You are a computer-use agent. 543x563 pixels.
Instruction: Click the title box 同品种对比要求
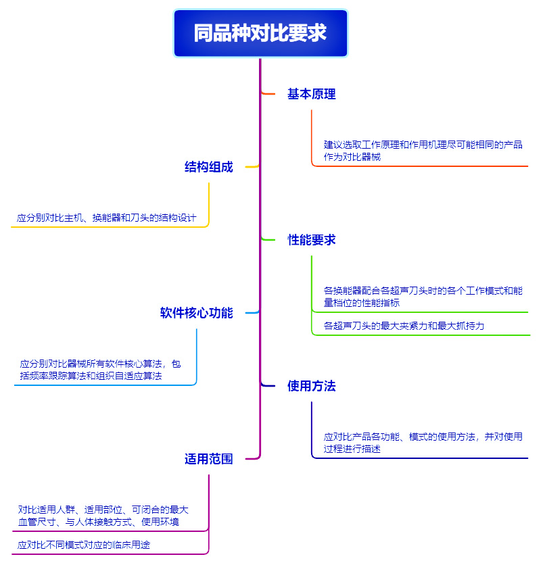coord(260,33)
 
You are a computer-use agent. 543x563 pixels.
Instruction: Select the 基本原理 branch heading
coord(311,94)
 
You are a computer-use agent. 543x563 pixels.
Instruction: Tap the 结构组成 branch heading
coord(209,167)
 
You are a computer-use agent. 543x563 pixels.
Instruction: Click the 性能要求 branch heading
coord(311,240)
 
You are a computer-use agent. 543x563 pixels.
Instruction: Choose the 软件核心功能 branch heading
coord(197,313)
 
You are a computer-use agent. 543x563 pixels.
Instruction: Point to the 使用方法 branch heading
coord(311,386)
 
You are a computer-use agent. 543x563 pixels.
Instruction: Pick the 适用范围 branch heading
coord(209,459)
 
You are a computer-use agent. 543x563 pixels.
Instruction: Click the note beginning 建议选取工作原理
coord(423,151)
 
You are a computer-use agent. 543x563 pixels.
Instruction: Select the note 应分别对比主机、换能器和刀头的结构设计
coord(106,218)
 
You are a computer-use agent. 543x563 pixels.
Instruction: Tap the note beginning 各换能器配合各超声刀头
coord(423,297)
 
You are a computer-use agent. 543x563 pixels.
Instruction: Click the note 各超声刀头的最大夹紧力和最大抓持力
coord(404,326)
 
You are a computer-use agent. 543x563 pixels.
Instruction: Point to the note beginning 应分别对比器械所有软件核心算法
coord(100,370)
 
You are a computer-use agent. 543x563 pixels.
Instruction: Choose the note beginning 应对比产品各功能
coord(423,443)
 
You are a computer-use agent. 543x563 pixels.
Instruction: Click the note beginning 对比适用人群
coord(103,516)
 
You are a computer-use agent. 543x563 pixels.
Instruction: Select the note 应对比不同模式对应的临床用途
coord(84,545)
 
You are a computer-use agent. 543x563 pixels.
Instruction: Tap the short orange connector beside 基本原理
coord(268,94)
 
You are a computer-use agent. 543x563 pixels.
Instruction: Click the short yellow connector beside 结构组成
coord(252,166)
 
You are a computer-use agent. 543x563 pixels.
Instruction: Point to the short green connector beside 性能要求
coord(268,239)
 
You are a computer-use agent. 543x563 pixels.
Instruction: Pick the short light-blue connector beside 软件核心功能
coord(252,313)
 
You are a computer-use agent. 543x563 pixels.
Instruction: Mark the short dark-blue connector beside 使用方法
coord(268,386)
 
